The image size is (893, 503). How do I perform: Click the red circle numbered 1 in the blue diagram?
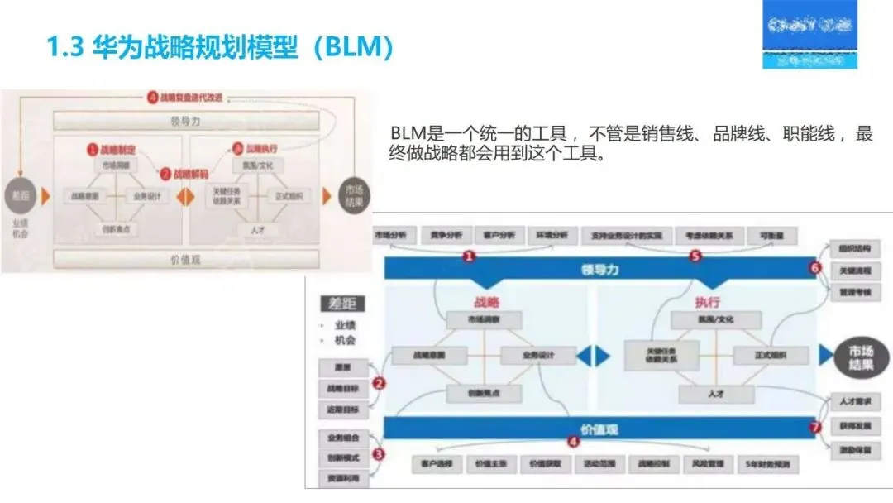tap(469, 256)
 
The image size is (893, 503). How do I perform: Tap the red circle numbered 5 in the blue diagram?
tap(695, 256)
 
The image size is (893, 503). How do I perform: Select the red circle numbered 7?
tap(814, 428)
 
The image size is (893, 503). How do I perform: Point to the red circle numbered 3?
tap(379, 453)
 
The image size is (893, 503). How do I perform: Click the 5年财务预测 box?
tap(767, 465)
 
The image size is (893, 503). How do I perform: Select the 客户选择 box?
tap(434, 465)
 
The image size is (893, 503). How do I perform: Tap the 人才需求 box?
tap(856, 400)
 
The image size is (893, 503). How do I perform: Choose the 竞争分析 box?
tap(446, 236)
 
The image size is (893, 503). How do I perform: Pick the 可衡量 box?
tap(772, 236)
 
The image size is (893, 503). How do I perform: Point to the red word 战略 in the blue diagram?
tap(486, 302)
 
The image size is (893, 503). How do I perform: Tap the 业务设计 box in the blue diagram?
tap(539, 356)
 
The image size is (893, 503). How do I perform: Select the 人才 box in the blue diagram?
tap(716, 395)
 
